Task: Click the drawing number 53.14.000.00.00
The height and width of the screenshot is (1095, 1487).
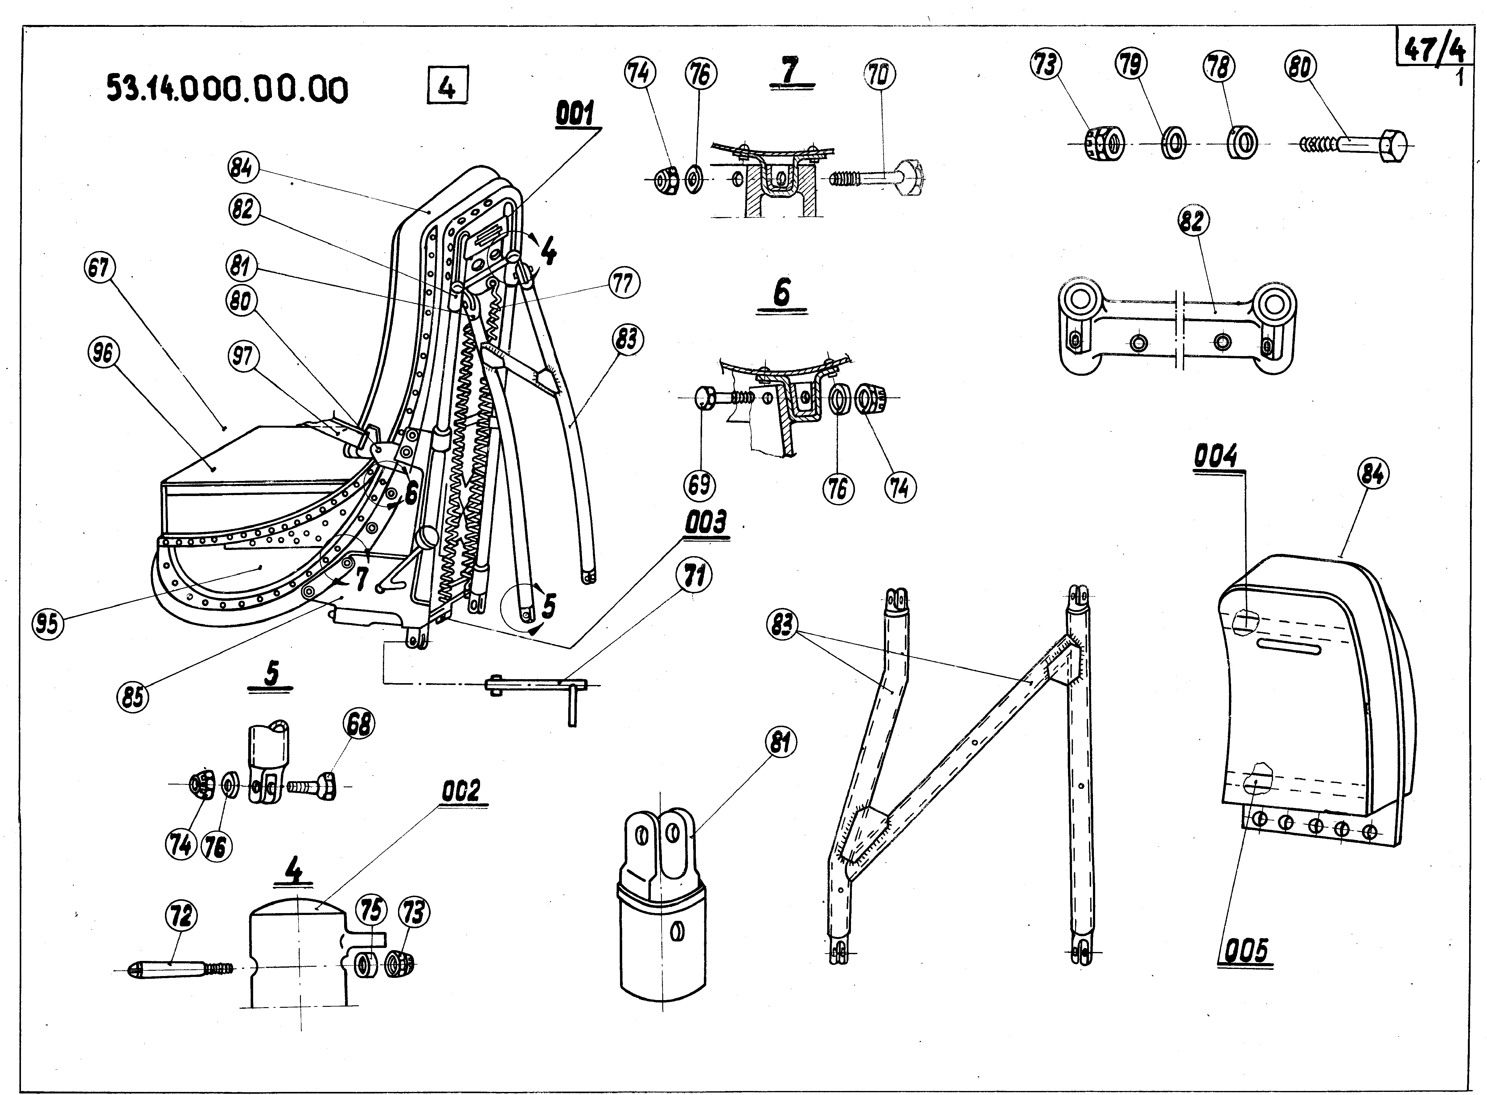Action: [x=227, y=89]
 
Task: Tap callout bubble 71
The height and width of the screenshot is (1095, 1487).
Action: [x=694, y=577]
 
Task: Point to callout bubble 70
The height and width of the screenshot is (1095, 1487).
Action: [x=879, y=76]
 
